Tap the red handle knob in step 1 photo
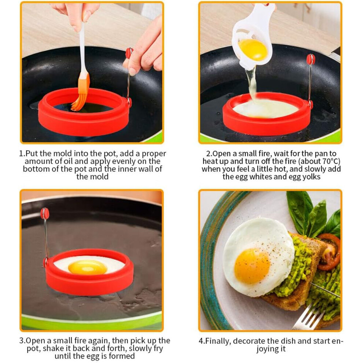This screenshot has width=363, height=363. tap(129, 53)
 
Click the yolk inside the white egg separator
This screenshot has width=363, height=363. tap(253, 50)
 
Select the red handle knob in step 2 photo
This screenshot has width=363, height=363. tap(311, 59)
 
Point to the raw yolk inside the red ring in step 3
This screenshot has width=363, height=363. tap(88, 267)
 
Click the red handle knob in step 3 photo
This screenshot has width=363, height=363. tap(45, 213)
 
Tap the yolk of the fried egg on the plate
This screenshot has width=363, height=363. tap(252, 266)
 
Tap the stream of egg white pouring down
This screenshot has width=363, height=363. tap(252, 83)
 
